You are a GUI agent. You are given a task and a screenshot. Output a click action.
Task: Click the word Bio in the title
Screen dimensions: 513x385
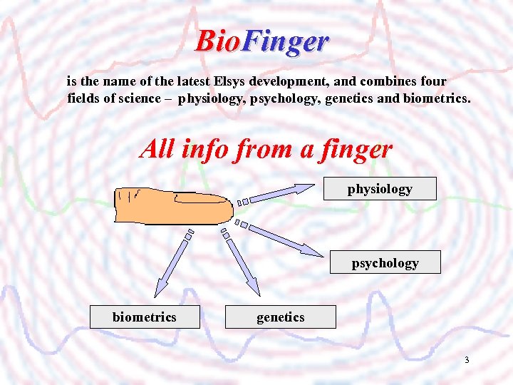click(x=217, y=41)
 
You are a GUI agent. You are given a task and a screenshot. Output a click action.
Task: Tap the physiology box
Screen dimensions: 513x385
click(x=380, y=189)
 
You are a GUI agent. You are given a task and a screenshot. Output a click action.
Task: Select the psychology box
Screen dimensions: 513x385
click(x=385, y=263)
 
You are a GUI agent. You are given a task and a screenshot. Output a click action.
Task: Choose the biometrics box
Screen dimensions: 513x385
click(x=144, y=317)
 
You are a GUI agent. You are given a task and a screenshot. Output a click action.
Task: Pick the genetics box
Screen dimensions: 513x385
click(x=280, y=317)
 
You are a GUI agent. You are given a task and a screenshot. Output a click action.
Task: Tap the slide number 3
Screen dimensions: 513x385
click(x=467, y=360)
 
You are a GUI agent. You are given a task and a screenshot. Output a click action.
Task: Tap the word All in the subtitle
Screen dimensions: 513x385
click(x=158, y=149)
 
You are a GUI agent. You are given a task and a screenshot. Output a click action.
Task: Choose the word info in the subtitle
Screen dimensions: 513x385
click(x=205, y=149)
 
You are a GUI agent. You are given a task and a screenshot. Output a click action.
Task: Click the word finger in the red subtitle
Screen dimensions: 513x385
click(x=356, y=149)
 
